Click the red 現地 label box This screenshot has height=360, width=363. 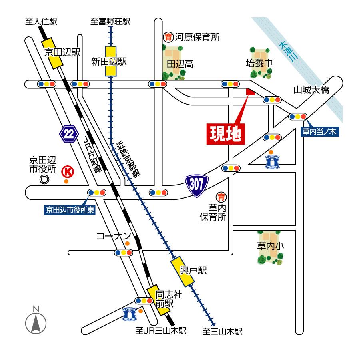pyautogui.click(x=225, y=134)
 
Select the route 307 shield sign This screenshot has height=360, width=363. pyautogui.click(x=197, y=184)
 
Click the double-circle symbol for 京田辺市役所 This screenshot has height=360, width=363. pyautogui.click(x=44, y=179)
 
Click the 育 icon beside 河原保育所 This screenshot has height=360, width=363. pyautogui.click(x=168, y=37)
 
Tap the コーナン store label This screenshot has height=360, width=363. pyautogui.click(x=114, y=236)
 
